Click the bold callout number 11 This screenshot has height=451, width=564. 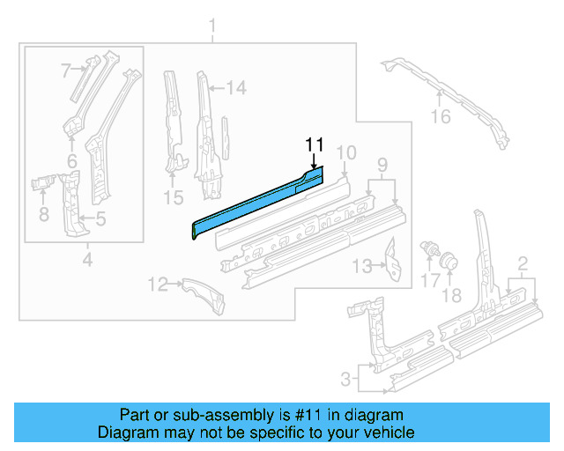point(315,145)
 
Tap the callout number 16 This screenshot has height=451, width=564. point(441,117)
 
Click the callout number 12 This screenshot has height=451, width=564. point(157,284)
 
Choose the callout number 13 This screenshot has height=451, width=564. point(361,265)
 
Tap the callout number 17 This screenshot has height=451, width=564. point(429,281)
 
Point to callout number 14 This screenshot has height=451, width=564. point(235,86)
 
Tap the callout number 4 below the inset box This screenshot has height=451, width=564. point(86,260)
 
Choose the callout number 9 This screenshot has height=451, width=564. point(382,164)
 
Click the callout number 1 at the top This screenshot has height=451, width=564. point(211,33)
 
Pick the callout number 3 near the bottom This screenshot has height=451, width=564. point(345,381)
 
